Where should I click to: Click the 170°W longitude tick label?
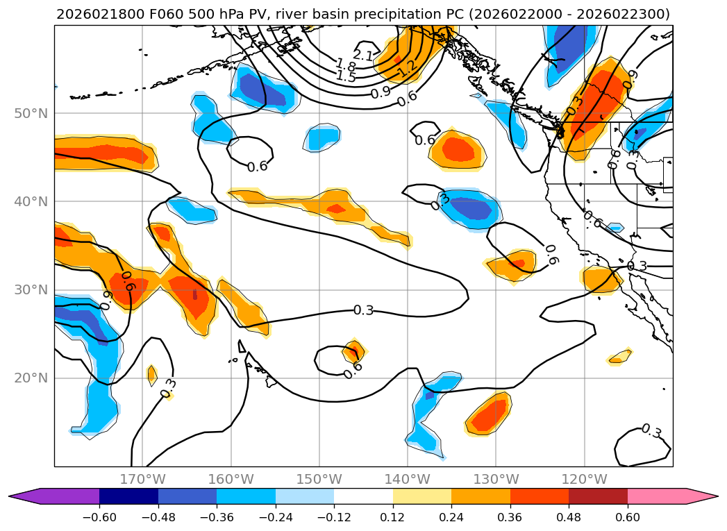coord(143,479)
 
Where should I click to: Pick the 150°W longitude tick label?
coord(319,479)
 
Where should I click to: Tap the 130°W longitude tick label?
coord(496,479)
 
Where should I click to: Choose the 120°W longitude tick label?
coord(584,479)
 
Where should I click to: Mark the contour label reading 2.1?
coord(362,55)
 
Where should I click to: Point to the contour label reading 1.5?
coord(345,76)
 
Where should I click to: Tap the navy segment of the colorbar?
coord(128,496)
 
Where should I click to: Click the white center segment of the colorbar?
coord(363,496)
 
